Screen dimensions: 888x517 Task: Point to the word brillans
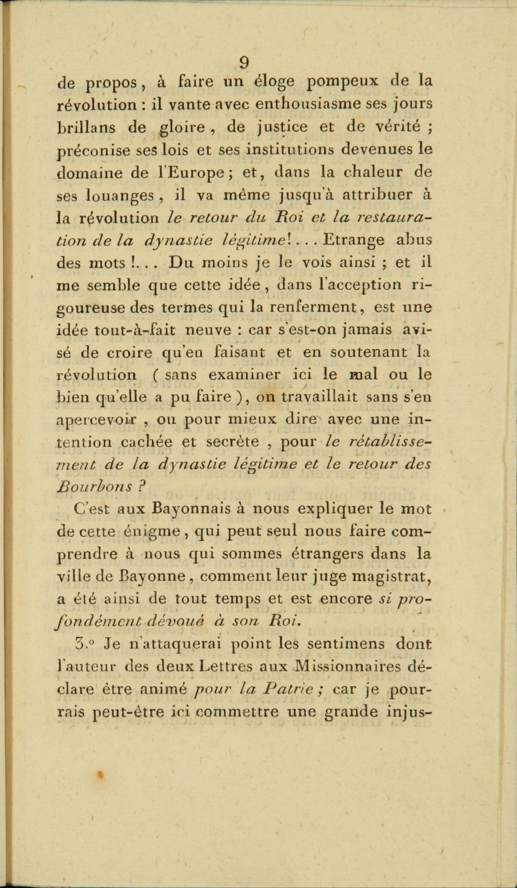[86, 128]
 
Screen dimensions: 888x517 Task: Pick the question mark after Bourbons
[142, 487]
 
